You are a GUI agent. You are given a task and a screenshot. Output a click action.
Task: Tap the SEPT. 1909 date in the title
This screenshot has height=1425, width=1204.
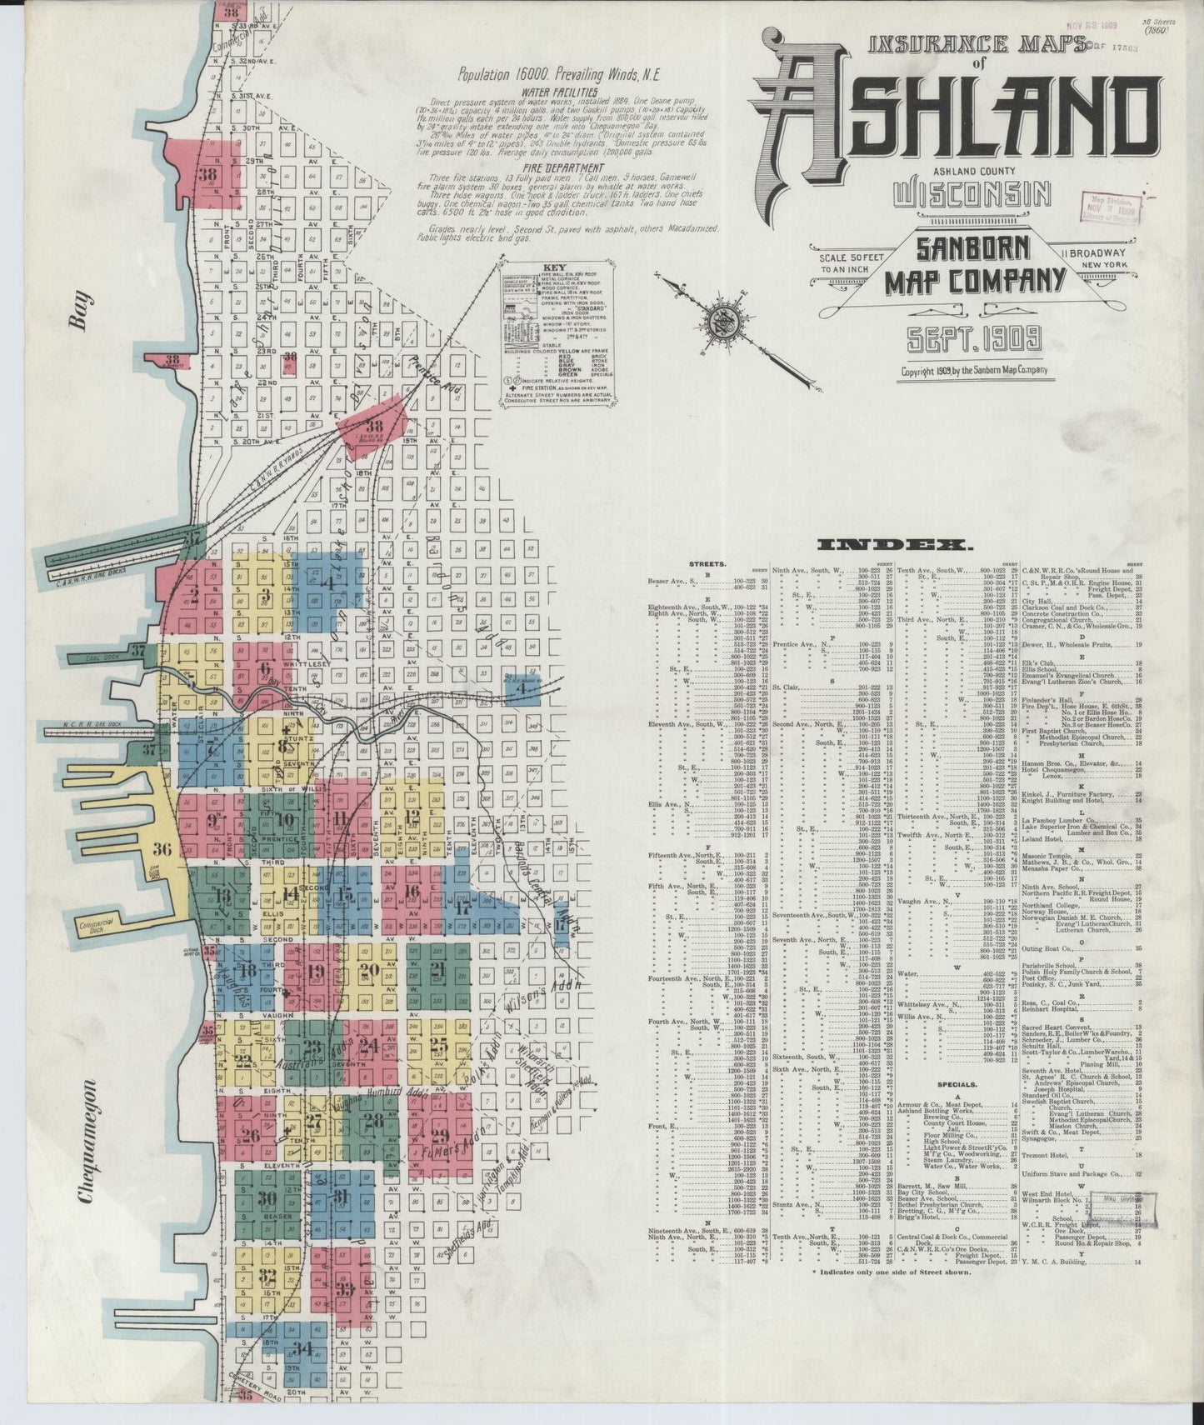click(x=972, y=339)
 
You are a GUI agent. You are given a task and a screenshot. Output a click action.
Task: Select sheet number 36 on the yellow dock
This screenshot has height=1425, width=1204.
click(x=162, y=849)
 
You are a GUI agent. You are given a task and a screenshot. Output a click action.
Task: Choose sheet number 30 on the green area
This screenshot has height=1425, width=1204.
click(x=267, y=1199)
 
